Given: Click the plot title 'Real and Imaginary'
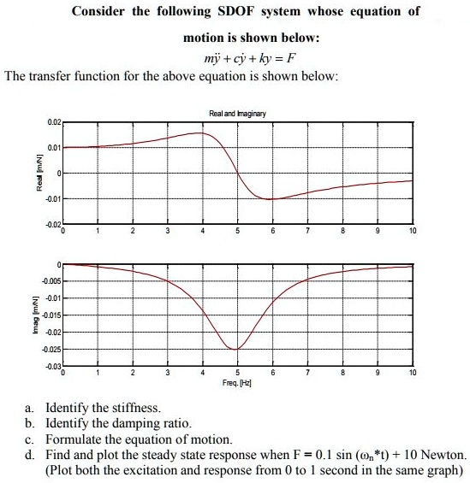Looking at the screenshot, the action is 237,115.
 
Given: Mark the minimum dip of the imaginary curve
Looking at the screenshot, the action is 236,350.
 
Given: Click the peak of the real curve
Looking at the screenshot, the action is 201,133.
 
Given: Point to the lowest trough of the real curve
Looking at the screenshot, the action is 271,199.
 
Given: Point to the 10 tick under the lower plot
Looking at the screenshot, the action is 413,374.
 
